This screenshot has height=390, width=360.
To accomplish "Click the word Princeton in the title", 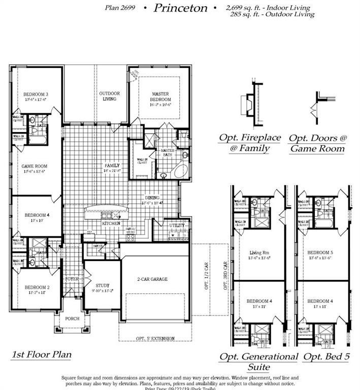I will [x=180, y=8].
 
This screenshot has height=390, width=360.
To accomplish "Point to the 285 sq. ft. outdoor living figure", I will [x=272, y=15].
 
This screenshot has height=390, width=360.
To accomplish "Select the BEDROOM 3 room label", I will [x=36, y=94].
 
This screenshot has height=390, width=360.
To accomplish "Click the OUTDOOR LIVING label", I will [x=109, y=96].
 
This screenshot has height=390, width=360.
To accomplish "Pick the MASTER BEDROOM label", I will [x=160, y=96].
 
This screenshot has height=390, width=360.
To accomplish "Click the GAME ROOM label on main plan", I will [x=34, y=166].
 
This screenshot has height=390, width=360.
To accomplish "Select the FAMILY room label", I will [x=112, y=166].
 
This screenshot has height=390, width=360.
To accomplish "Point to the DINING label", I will [x=152, y=198].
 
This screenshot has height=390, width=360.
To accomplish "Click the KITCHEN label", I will [x=111, y=223].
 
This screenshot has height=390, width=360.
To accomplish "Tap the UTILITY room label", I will [x=177, y=225].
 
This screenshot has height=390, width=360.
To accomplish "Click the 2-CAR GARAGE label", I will [x=152, y=279].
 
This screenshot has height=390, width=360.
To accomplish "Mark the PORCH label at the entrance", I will [x=71, y=319].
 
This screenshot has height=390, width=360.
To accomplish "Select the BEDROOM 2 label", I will [x=36, y=287].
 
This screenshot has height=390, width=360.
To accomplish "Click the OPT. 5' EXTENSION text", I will [x=155, y=339].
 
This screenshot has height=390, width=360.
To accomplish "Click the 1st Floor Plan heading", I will [x=42, y=354].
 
